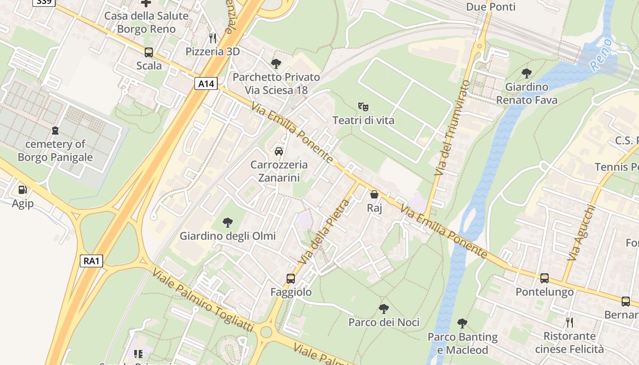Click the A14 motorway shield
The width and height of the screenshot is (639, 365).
[206, 83]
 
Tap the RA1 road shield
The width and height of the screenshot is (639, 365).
[91, 261]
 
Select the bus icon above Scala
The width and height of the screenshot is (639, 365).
[149, 52]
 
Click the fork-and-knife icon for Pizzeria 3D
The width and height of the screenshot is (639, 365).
[212, 38]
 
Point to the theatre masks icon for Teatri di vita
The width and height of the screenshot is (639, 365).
[363, 107]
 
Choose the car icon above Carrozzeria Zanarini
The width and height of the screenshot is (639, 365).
[279, 151]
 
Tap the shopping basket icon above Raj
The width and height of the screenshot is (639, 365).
[374, 195]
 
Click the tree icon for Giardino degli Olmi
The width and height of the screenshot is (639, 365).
[227, 223]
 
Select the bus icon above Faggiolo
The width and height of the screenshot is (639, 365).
[291, 278]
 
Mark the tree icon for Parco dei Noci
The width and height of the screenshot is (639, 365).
[384, 309]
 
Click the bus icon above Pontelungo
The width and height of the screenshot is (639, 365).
[545, 278]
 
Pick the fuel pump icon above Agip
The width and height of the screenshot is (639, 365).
[22, 190]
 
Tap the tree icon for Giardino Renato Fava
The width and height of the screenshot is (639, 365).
[527, 73]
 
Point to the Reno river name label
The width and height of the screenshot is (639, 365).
[601, 55]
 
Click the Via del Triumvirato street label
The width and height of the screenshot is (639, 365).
[452, 128]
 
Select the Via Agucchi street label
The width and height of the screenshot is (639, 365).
[581, 233]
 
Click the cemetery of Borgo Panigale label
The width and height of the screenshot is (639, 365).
[55, 151]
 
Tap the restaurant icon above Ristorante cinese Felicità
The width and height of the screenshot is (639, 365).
[570, 323]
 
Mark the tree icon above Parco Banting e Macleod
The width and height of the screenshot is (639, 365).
[462, 323]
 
